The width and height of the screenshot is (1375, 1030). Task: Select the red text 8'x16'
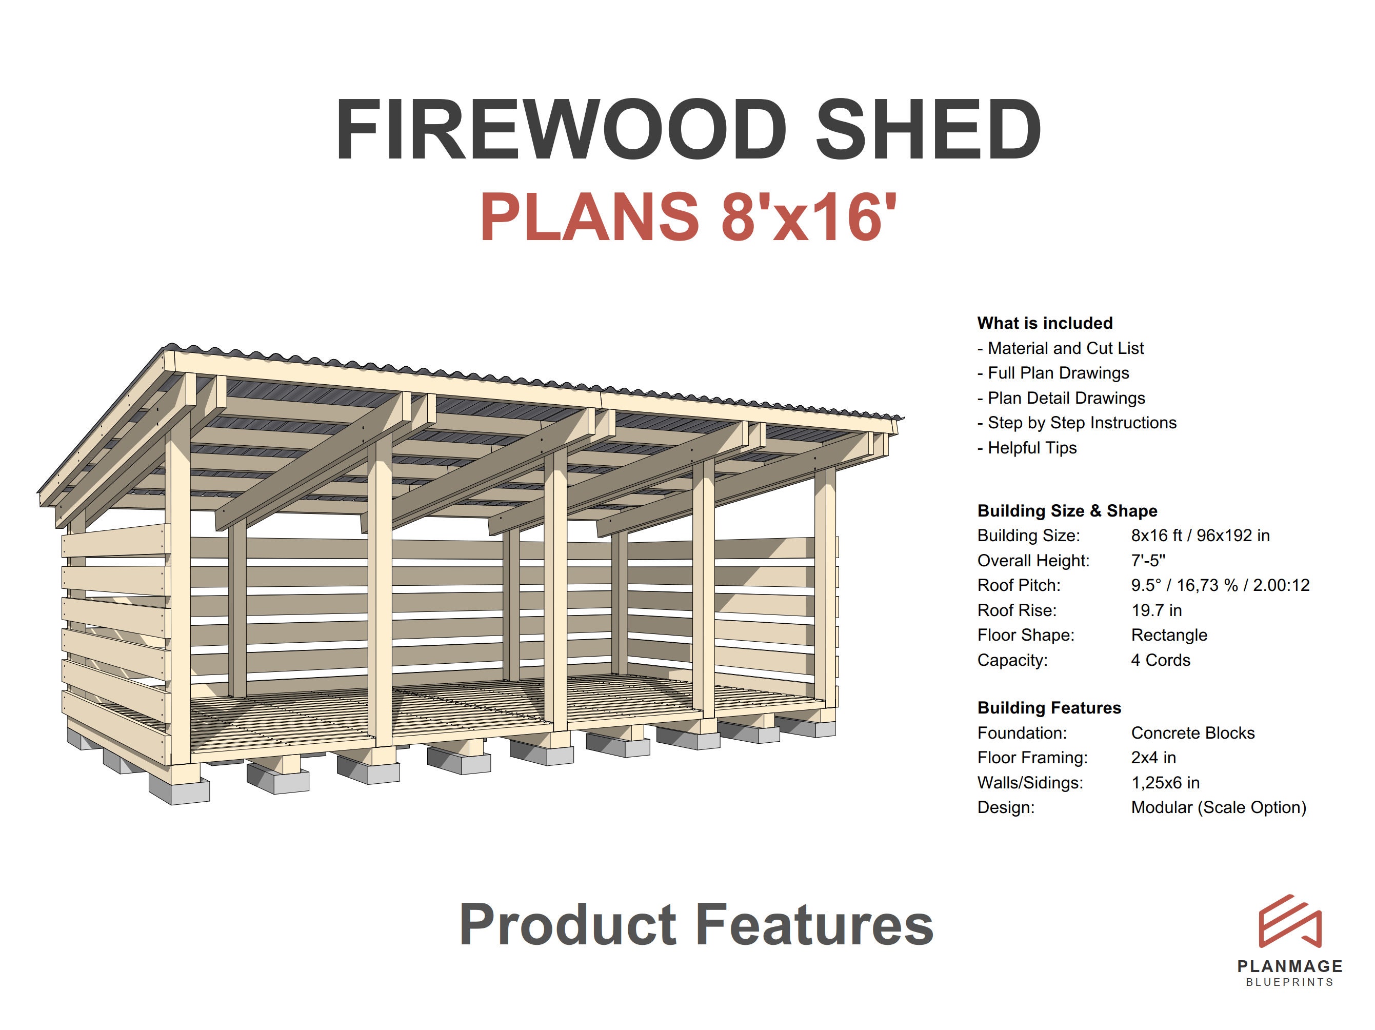809,217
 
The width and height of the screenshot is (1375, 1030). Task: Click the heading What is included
1045,323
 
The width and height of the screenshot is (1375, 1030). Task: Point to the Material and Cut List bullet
1061,348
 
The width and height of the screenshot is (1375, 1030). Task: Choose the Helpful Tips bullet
1027,448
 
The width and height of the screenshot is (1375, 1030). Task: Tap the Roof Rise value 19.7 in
1156,610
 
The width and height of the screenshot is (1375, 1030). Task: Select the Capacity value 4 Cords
1161,660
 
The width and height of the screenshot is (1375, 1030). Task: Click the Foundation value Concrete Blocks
1193,733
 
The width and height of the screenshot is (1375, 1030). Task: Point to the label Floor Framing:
1032,758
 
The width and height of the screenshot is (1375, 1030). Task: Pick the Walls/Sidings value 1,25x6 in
1165,783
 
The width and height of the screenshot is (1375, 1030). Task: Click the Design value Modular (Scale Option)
1219,807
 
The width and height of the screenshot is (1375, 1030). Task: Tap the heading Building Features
1049,708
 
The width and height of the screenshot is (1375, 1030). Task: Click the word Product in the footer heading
568,925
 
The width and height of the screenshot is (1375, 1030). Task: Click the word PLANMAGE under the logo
1290,966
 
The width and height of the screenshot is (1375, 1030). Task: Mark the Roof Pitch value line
1220,586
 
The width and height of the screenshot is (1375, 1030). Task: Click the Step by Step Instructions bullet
1077,423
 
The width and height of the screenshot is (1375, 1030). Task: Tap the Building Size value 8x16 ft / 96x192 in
1200,536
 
